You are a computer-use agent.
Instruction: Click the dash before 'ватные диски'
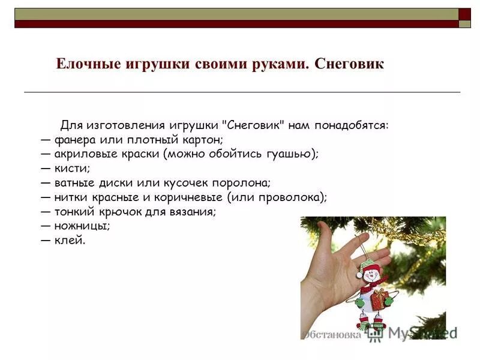pyautogui.click(x=46, y=182)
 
